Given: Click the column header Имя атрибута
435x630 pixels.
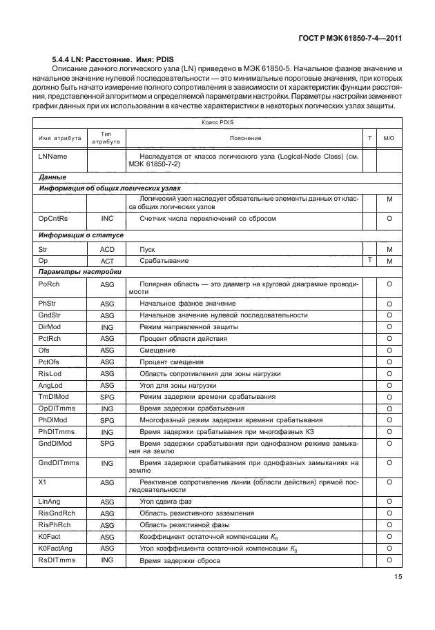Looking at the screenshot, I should (60, 138).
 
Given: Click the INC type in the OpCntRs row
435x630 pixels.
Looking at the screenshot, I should (107, 219).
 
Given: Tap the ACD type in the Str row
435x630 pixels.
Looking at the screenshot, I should (107, 250).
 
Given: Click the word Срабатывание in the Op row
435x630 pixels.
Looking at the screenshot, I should (164, 261).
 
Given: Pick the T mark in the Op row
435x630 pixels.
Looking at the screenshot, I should (370, 259).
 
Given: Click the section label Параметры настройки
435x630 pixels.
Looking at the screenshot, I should (81, 272).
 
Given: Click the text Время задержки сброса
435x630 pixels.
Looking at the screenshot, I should (180, 560).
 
